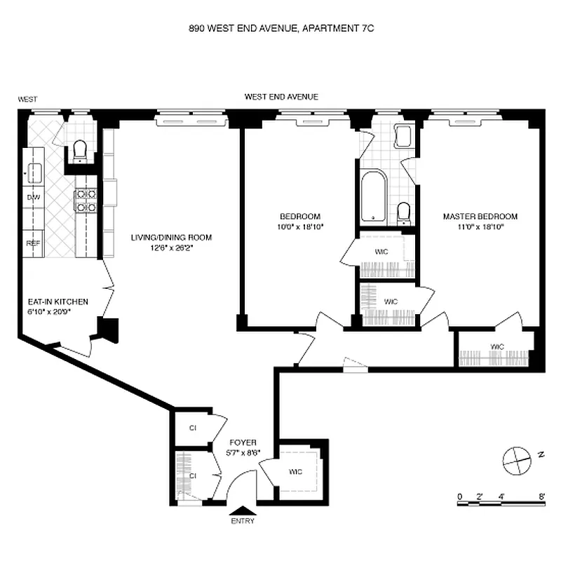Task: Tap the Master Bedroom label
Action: point(480,216)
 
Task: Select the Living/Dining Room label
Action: point(171,237)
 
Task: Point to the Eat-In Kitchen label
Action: point(58,302)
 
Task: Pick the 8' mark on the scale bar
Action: point(543,496)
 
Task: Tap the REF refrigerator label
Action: point(33,243)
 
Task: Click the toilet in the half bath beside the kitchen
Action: point(79,150)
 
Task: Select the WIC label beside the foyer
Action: point(295,471)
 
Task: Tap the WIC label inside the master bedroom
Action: point(497,346)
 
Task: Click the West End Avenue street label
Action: point(281,97)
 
